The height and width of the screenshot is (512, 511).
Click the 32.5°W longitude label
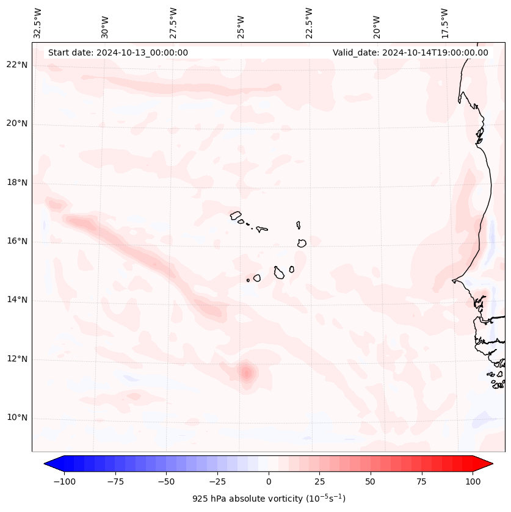pyautogui.click(x=38, y=23)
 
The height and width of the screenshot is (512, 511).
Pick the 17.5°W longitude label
pyautogui.click(x=444, y=23)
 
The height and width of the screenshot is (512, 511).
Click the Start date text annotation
pyautogui.click(x=118, y=52)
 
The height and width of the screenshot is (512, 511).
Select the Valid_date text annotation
pyautogui.click(x=410, y=52)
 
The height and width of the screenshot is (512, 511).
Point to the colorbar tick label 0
pyautogui.click(x=269, y=481)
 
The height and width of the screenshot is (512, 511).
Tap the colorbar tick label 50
pyautogui.click(x=371, y=481)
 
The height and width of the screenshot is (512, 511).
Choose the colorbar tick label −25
pyautogui.click(x=217, y=481)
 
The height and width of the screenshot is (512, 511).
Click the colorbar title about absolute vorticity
pyautogui.click(x=269, y=499)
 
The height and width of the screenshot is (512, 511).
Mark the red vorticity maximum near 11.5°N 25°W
pyautogui.click(x=246, y=372)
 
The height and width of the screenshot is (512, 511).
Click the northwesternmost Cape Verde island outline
pyautogui.click(x=236, y=215)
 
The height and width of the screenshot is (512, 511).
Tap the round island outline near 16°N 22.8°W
pyautogui.click(x=302, y=243)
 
